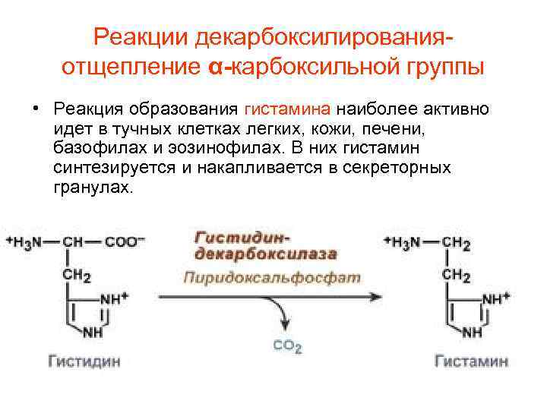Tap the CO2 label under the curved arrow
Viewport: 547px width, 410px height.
coord(287,346)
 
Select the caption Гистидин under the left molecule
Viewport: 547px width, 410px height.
coord(84,361)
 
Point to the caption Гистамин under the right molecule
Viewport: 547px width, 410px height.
coord(471,361)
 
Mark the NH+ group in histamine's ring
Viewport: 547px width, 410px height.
coord(496,298)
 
